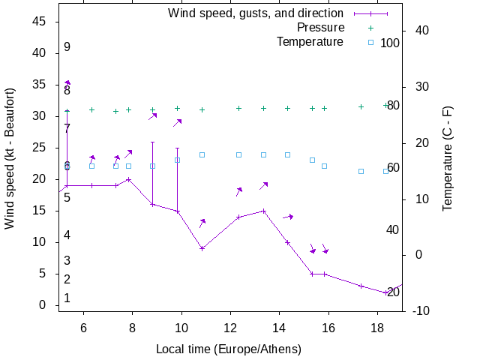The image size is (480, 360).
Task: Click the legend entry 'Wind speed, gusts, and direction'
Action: click(255, 13)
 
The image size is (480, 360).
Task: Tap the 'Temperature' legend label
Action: click(310, 41)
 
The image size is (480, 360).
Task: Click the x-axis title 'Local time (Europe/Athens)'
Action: click(229, 349)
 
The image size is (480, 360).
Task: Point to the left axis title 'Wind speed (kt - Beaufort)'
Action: click(10, 158)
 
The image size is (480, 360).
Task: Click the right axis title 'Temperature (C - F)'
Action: click(448, 158)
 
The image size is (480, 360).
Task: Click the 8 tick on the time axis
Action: click(132, 327)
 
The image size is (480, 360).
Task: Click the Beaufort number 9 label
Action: click(67, 47)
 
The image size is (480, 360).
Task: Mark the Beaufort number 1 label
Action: click(67, 298)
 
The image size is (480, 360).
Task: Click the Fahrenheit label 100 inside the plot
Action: click(390, 43)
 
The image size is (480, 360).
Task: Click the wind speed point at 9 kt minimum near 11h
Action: click(202, 248)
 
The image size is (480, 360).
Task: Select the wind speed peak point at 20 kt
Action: click(128, 179)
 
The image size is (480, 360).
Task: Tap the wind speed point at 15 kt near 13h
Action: click(263, 211)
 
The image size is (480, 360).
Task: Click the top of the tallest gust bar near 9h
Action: click(152, 142)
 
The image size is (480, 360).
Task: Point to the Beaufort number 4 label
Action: click(67, 235)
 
